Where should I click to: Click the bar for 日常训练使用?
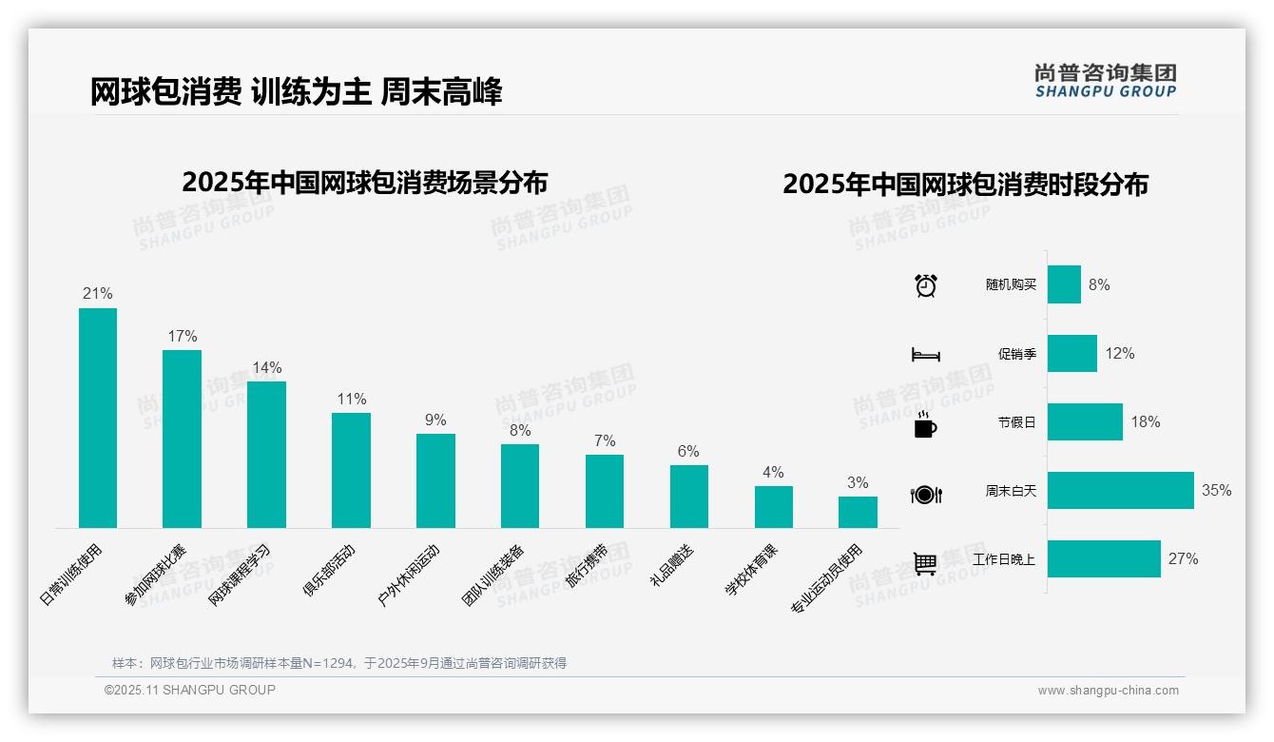coord(98,418)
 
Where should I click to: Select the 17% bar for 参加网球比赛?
coord(182,439)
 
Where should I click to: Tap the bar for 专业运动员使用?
coord(858,512)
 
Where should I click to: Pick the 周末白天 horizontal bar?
coord(1120,491)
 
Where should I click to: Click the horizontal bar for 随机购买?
coord(1064,284)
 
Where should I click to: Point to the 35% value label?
coord(1216,491)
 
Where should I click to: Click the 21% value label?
coord(98,293)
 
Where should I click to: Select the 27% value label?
coord(1183,559)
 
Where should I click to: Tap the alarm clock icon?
coord(925,285)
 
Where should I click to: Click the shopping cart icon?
coord(925,563)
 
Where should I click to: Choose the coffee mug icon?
coord(925,424)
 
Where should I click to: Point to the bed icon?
coord(925,355)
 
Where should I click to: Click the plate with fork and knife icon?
coord(925,494)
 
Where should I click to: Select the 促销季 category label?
coord(1016,354)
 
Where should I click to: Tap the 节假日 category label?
coord(1016,422)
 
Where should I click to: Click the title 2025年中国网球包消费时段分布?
coord(965,184)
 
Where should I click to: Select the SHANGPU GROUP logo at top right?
coord(1105,81)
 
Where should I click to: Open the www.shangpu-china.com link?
coord(1108,691)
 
